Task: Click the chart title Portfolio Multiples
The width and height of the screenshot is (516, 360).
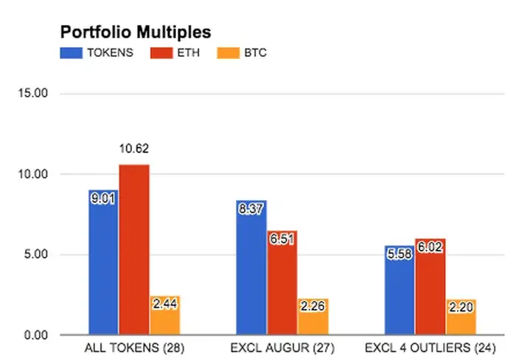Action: point(135,32)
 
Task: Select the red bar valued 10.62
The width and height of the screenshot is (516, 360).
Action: point(134,251)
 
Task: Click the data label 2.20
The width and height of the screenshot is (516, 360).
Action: point(461,305)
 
